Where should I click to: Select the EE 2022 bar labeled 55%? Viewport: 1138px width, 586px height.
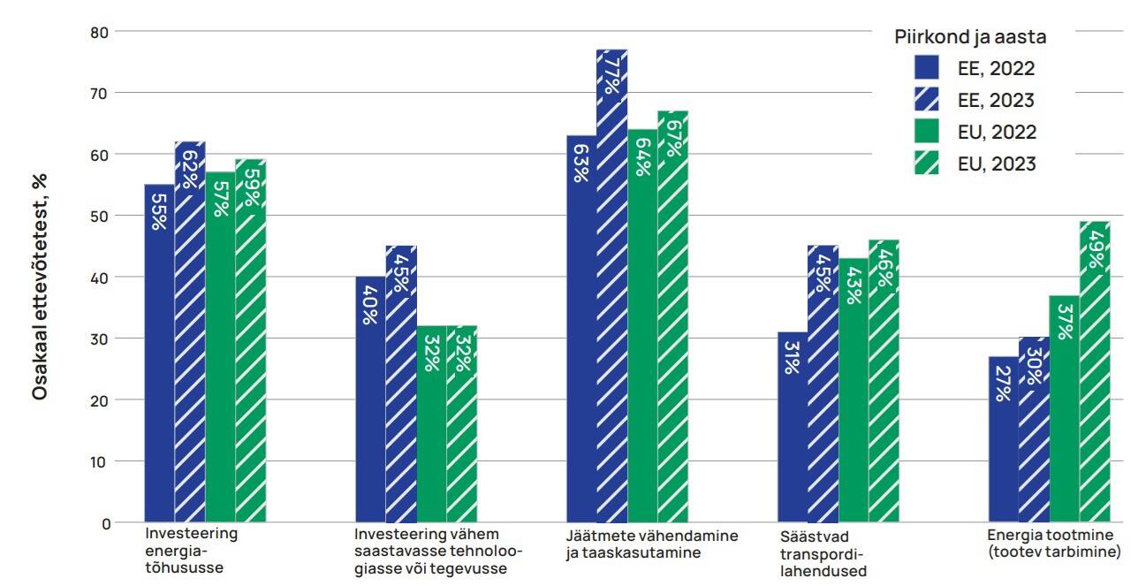(x=159, y=353)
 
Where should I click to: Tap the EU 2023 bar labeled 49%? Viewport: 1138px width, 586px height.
(x=1094, y=371)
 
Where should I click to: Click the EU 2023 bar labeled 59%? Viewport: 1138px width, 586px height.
(x=250, y=340)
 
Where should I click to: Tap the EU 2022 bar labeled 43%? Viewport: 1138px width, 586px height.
(x=853, y=390)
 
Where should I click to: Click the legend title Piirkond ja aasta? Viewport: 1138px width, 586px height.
(x=970, y=38)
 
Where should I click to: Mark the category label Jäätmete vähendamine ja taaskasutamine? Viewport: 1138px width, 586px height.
(x=651, y=544)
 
